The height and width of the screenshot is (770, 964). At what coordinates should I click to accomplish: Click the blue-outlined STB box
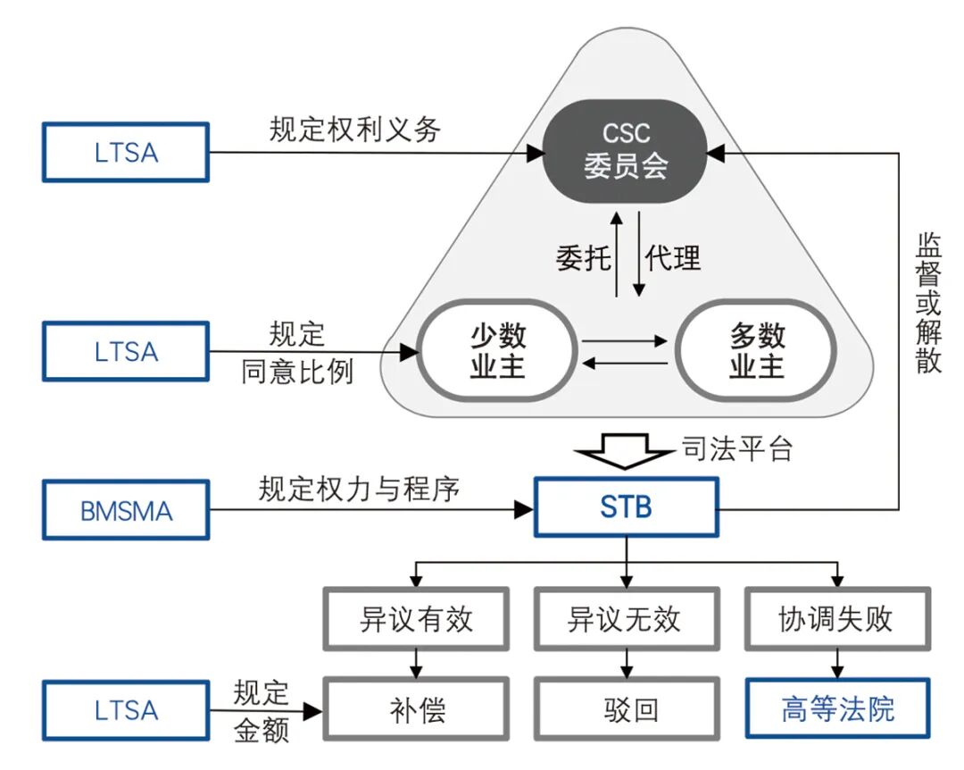coord(626,507)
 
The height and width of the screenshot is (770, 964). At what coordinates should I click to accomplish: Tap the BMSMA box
coord(126,511)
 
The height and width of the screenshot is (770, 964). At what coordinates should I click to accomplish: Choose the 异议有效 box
coord(416,619)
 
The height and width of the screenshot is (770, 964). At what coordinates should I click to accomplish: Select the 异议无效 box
coord(625,619)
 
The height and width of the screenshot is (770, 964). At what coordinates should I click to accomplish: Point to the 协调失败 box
coord(836,619)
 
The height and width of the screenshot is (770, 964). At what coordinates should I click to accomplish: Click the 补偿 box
coord(416,709)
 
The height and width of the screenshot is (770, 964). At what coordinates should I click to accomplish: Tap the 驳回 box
coord(625,709)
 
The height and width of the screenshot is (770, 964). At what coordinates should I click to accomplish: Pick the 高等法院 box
coord(836,709)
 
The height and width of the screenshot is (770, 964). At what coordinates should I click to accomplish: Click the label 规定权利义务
coord(355,130)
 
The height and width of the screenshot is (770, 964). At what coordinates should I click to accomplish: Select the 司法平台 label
coord(736,448)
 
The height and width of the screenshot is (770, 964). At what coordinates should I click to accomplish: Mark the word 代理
coord(674,258)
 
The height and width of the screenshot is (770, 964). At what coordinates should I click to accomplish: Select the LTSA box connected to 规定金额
coord(126,711)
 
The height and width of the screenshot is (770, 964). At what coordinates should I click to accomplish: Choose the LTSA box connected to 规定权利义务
coord(126,153)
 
